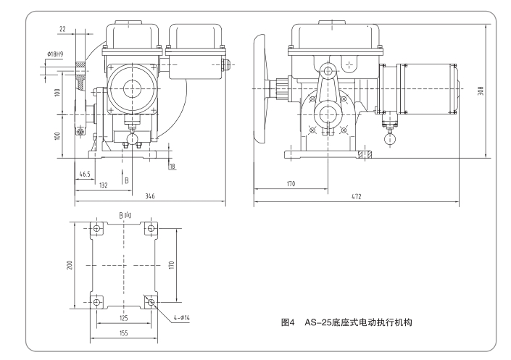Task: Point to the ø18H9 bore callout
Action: [x=57, y=54]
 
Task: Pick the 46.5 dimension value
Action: [x=85, y=175]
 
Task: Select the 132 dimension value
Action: [x=103, y=185]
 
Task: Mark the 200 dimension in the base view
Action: [x=70, y=265]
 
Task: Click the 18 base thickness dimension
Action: [x=172, y=167]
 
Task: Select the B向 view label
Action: [x=125, y=215]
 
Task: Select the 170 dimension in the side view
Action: [x=291, y=184]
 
